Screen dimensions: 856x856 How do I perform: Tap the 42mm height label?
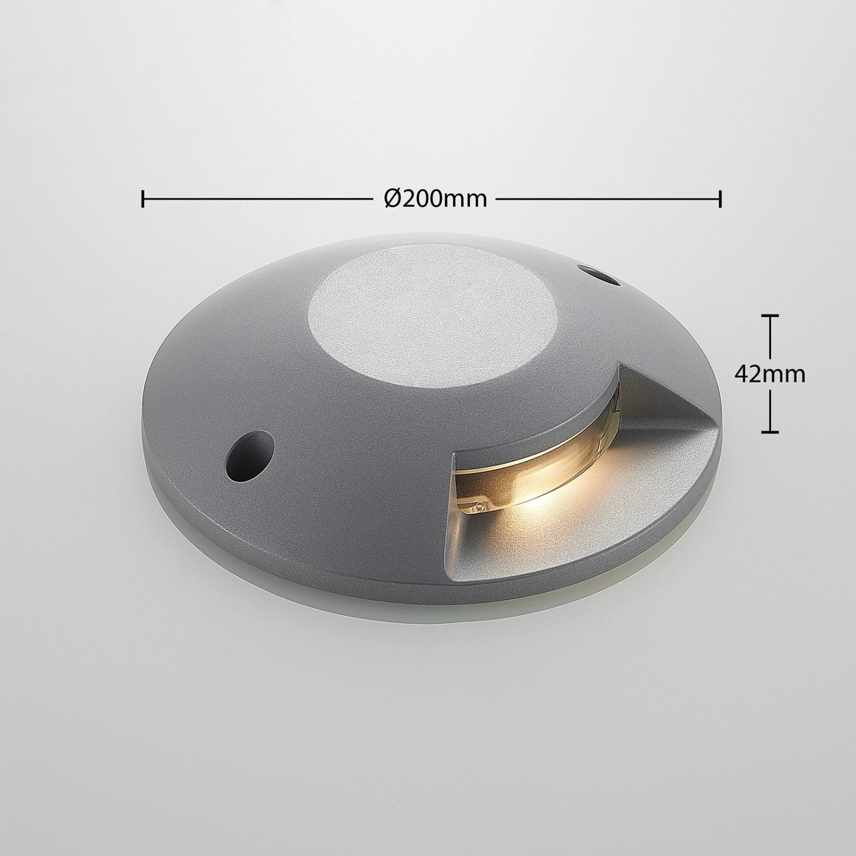pos(770,374)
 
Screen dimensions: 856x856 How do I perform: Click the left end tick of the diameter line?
pos(143,199)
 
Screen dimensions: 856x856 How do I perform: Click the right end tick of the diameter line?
pos(721,199)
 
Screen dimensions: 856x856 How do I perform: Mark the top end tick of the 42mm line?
pos(770,316)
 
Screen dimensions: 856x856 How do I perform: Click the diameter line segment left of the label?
pos(257,199)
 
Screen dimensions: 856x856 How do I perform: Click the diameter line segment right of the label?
pos(608,199)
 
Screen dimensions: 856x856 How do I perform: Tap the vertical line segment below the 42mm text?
pos(770,409)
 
